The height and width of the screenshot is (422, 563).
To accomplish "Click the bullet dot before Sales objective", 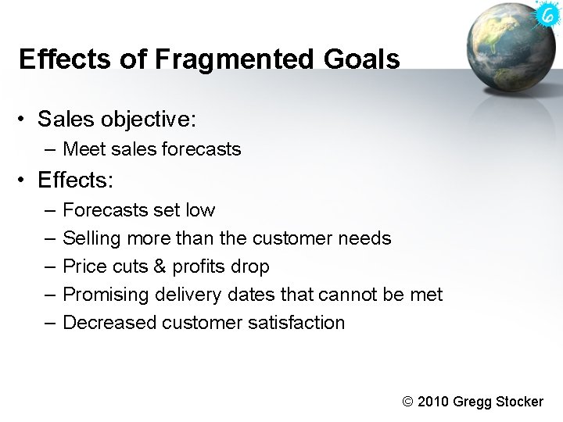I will (25, 120).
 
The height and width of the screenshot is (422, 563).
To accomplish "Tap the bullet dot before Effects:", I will (25, 181).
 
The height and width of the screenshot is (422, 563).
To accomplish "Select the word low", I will (200, 210).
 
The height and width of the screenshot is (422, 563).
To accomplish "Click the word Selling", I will (88, 238).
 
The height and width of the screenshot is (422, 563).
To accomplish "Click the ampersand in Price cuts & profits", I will (160, 266).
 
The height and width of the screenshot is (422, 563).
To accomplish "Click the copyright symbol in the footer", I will (407, 402).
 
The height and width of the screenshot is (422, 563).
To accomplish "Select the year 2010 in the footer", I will (434, 402).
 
